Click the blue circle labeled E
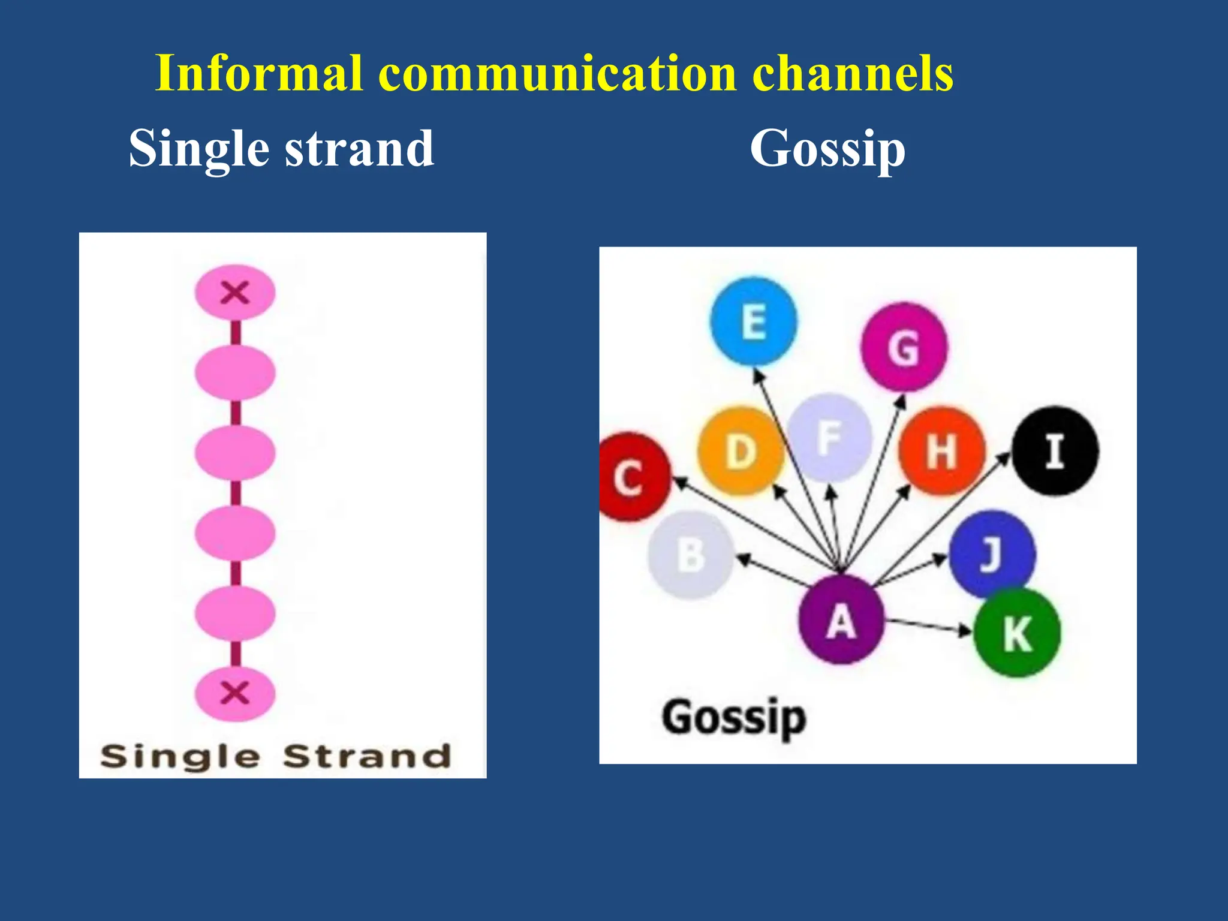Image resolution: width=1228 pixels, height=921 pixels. (754, 321)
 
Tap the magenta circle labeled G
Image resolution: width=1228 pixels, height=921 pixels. (904, 347)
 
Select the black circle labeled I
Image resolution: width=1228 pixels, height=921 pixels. (1055, 451)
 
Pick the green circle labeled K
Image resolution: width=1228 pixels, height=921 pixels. (1017, 633)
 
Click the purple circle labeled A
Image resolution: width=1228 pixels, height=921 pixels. (841, 620)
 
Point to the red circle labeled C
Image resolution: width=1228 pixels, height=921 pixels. (630, 477)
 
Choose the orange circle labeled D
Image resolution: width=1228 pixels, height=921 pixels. (741, 451)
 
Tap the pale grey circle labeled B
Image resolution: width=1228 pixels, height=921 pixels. (691, 555)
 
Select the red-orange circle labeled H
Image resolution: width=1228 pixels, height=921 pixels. (941, 451)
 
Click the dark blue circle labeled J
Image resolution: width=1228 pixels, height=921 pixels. (992, 553)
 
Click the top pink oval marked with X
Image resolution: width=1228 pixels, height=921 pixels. (235, 293)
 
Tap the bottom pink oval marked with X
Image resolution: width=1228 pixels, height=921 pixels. (235, 693)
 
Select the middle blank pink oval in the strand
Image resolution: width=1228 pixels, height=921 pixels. (235, 453)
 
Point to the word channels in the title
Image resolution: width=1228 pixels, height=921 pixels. (852, 73)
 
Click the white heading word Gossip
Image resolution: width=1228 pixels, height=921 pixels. (827, 149)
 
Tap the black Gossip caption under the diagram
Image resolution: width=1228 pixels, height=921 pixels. (734, 718)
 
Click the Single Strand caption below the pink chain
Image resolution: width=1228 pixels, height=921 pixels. (276, 756)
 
